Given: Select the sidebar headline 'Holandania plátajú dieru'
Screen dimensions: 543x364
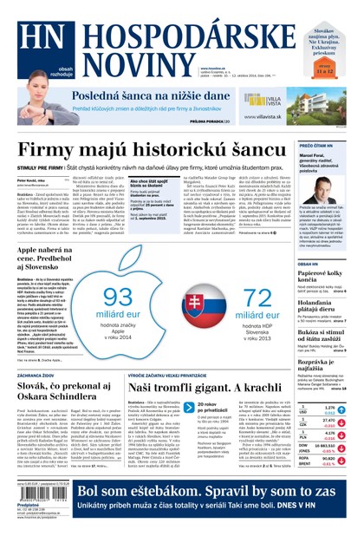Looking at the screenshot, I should tap(322, 302).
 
